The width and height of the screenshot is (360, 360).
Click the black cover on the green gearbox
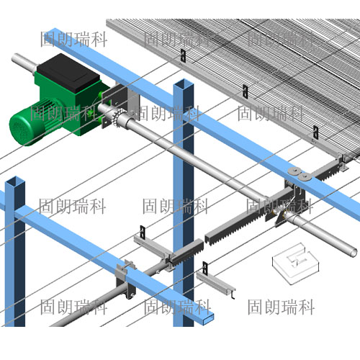point(68,73)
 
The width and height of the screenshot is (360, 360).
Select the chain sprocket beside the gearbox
point(118,117)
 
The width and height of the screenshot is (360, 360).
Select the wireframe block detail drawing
point(296,264)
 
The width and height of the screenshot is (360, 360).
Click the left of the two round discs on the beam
point(294,171)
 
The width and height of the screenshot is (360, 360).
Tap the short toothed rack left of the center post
point(188,252)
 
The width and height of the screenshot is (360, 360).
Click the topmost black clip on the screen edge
point(183,55)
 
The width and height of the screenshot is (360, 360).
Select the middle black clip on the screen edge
point(245,91)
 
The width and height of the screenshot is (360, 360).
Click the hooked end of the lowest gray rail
point(233,294)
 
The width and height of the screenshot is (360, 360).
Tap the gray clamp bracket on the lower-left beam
point(125,279)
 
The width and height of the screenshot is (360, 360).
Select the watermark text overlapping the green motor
point(63,113)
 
